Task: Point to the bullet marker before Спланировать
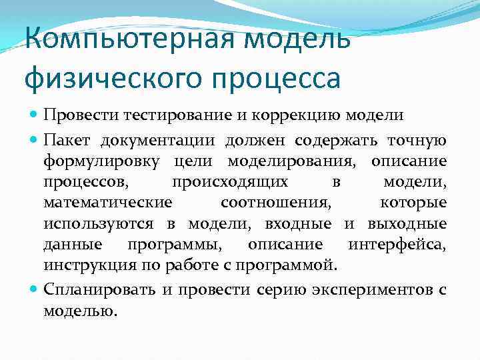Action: click(34, 290)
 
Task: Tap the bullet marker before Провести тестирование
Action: click(34, 114)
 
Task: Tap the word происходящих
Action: click(230, 182)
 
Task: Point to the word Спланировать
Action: click(99, 290)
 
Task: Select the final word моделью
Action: click(79, 311)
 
